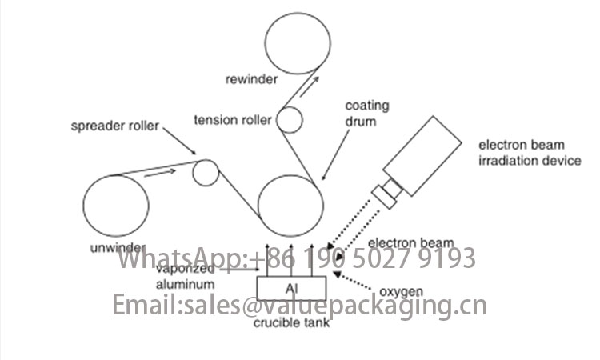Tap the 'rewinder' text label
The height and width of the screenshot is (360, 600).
[x=251, y=79]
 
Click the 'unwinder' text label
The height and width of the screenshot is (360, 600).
[x=118, y=248]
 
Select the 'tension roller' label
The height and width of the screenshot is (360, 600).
[x=233, y=120]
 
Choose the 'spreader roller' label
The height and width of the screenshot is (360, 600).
[x=114, y=126]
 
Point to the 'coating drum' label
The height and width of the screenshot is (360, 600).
[x=366, y=114]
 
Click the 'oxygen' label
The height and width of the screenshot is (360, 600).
[x=401, y=292]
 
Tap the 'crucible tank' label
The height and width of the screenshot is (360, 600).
[x=291, y=323]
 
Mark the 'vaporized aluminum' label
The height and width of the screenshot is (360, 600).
[x=186, y=276]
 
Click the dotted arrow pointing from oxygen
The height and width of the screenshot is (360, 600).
[x=353, y=281]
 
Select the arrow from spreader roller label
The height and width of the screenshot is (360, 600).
[x=179, y=141]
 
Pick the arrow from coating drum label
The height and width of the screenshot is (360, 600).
[x=335, y=155]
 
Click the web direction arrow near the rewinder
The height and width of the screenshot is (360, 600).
[x=309, y=86]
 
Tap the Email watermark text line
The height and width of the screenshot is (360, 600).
[x=300, y=306]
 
